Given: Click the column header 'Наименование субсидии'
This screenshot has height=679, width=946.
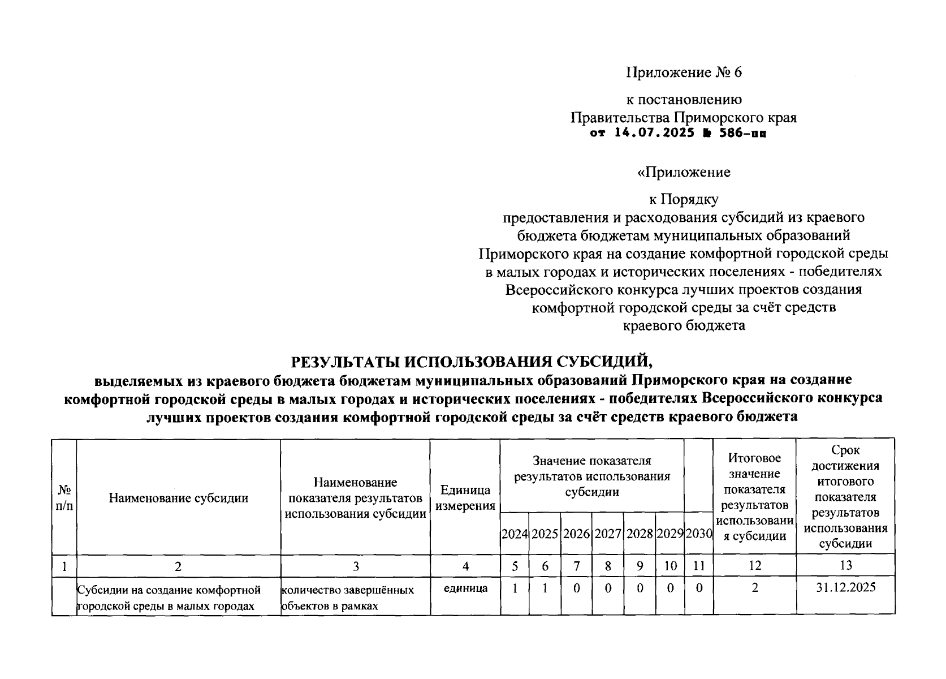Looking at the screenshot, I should pos(178,498).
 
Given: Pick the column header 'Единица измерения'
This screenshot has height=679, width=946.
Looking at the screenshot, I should pos(465,498).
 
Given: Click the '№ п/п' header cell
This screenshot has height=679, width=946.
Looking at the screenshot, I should pos(64,498).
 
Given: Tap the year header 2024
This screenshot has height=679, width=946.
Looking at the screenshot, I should pos(515,534).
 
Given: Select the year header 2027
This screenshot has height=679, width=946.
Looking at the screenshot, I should pos(608,534).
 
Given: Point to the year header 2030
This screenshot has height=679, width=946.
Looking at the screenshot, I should pos(699,534).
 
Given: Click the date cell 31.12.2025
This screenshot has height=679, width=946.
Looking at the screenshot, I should pos(845,587).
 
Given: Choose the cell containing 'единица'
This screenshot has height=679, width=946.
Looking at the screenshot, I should pos(465,588).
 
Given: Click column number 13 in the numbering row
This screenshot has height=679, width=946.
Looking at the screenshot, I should pos(845,565).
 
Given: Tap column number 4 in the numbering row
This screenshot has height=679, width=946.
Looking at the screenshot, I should pos(465,566).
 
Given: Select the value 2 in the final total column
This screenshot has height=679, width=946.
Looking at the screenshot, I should pos(754,588).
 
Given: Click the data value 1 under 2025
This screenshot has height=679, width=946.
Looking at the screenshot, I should pos(545,588).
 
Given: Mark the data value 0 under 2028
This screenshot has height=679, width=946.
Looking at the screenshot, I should pos(640,588).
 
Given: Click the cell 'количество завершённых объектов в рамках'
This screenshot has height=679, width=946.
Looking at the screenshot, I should pos(348,598).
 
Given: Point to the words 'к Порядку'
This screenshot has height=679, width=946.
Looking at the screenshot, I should pos(683,199).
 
